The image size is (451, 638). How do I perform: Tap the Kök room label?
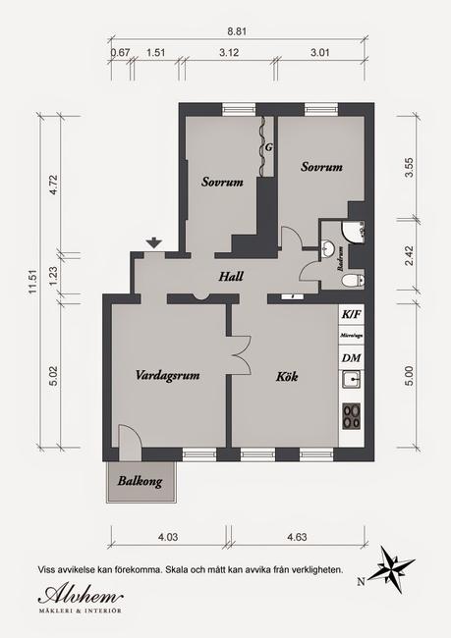point(287,376)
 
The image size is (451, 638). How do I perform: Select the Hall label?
point(231,277)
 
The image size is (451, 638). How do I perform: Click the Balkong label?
point(141,481)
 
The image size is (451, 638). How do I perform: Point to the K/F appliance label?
point(351,314)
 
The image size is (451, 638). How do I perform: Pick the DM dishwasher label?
point(351,356)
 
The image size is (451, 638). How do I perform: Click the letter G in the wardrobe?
point(267,148)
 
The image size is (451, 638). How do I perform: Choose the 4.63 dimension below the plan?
point(298,537)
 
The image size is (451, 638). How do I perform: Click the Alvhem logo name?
point(82,596)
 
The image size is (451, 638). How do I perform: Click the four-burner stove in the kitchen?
point(351,421)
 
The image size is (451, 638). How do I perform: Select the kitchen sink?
point(351,384)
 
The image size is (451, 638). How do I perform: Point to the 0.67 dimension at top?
point(121,52)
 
